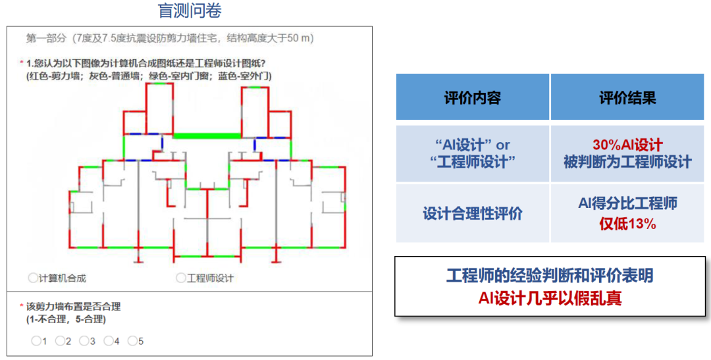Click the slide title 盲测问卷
click(x=190, y=11)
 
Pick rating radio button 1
click(x=36, y=341)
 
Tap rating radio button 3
click(x=84, y=341)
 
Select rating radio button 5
click(x=132, y=341)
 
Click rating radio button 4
click(x=108, y=341)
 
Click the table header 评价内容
click(x=472, y=98)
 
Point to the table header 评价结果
click(x=627, y=98)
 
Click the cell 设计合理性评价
click(x=472, y=213)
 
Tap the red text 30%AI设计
click(x=627, y=145)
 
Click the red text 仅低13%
click(x=627, y=224)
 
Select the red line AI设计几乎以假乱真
click(x=550, y=298)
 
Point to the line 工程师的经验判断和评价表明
click(x=550, y=276)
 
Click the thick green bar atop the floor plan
click(x=206, y=136)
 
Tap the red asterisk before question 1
click(x=22, y=63)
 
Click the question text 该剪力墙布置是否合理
click(x=73, y=307)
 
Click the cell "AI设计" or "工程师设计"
click(x=472, y=153)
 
